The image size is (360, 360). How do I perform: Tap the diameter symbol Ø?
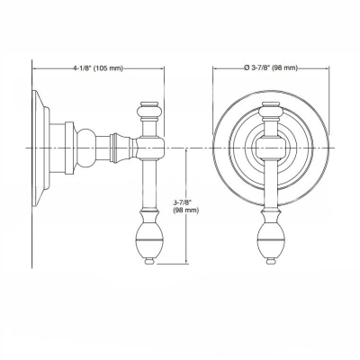coord(246,68)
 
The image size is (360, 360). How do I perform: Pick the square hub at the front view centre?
coord(267,145)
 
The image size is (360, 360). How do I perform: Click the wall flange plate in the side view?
coord(40,145)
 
